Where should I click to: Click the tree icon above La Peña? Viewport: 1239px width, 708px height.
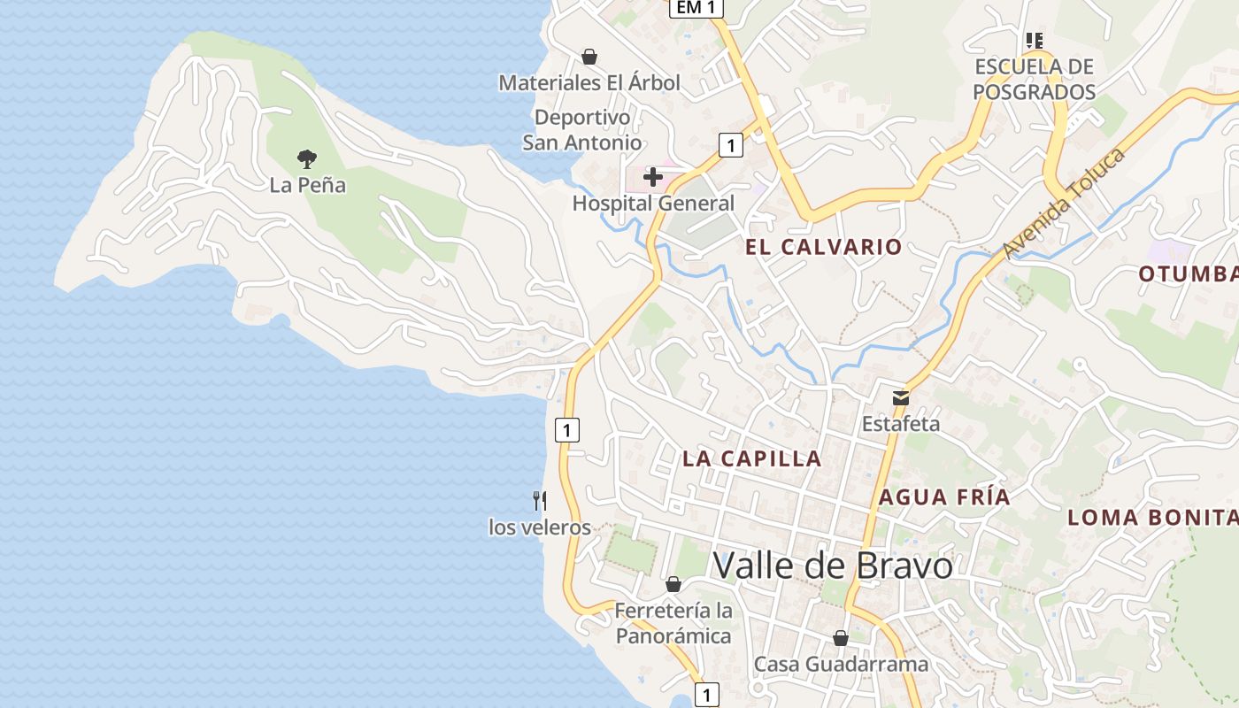307,159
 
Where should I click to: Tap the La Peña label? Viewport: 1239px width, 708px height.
308,186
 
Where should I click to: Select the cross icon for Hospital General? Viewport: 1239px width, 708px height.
653,177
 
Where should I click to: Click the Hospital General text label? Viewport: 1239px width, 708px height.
653,204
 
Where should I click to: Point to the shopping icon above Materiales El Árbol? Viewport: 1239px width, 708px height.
589,58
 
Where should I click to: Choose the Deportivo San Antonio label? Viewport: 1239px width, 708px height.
582,130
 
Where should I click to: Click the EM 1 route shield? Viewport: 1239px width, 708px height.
696,8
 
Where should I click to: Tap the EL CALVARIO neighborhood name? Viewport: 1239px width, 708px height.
823,247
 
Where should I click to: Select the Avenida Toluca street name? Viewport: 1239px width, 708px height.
1064,204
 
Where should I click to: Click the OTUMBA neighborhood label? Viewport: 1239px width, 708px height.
1188,274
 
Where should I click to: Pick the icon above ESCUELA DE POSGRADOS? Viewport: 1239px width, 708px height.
1034,41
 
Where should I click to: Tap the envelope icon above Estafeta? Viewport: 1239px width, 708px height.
901,397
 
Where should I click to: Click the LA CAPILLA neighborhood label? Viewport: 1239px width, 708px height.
752,459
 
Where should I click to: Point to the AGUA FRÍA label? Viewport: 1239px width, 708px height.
944,497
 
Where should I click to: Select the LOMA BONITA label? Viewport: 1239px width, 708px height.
1152,518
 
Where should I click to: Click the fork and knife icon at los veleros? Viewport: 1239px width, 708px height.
540,501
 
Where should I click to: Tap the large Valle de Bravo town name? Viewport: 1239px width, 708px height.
833,566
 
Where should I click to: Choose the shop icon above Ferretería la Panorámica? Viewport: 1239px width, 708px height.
673,585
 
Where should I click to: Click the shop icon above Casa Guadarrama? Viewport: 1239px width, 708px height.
841,638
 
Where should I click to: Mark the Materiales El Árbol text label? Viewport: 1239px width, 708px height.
589,83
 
